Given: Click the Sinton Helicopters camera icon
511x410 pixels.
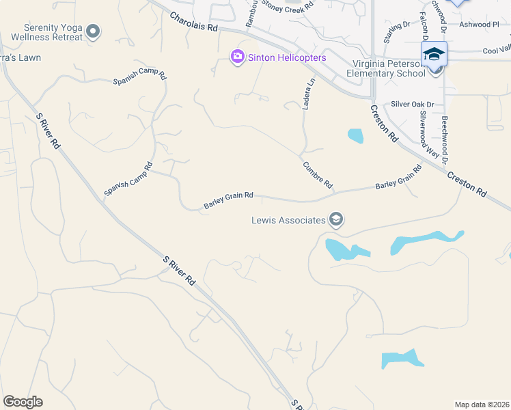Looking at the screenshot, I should (238, 57).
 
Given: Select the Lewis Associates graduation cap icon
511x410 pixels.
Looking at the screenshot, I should (335, 219).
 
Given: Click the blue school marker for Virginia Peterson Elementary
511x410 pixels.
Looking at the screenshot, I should (434, 54).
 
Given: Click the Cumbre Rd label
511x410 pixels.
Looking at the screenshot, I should (317, 175).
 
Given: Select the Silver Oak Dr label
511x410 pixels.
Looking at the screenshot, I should (413, 105).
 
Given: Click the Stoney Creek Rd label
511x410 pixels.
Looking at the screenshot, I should (288, 5).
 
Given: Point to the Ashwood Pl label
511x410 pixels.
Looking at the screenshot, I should (480, 24).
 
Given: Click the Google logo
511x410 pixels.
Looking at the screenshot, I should (23, 402).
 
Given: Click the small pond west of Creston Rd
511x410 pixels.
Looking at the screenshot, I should (355, 135).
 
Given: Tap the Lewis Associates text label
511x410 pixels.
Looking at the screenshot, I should (288, 220).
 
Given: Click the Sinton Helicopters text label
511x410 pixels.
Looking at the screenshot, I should (286, 57).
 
